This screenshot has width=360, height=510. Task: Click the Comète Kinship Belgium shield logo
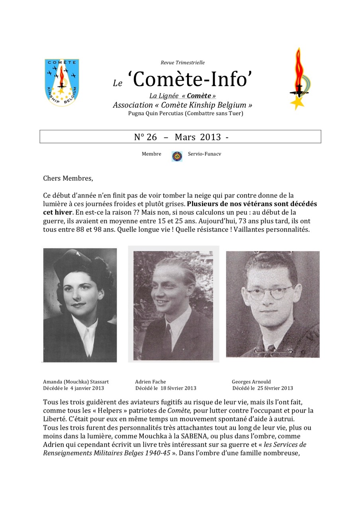[62, 82]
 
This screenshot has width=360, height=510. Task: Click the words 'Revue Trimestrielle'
[182, 63]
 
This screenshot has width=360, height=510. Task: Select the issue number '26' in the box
[152, 137]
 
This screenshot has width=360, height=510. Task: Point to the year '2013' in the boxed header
[210, 137]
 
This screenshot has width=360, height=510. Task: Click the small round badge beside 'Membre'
[177, 156]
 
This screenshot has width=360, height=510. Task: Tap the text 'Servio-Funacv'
[204, 154]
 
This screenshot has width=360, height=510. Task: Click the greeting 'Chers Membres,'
[68, 178]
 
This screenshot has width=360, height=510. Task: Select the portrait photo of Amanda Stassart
[80, 305]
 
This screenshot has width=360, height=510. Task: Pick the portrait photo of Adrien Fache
[173, 305]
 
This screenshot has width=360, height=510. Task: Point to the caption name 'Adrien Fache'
[151, 381]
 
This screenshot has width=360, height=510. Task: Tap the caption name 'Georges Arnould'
[251, 381]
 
